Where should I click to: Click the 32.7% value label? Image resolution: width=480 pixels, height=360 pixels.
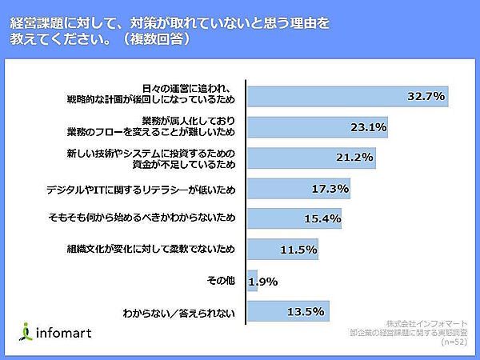click(426, 96)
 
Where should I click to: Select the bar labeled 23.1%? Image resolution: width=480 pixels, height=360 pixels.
click(318, 126)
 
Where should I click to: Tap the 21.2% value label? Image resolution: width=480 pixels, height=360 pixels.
click(354, 157)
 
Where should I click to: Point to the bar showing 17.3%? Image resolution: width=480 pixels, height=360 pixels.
click(298, 189)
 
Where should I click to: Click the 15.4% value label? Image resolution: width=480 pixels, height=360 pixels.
click(323, 218)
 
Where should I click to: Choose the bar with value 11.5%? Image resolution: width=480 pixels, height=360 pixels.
click(282, 250)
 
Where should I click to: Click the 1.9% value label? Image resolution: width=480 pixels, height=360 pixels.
click(263, 281)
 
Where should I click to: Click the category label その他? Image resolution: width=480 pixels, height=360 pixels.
click(222, 281)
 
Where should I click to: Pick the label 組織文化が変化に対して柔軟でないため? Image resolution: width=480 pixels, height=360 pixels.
click(152, 250)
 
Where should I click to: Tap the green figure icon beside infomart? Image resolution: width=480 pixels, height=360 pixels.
click(27, 330)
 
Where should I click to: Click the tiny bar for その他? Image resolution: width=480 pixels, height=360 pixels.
click(252, 281)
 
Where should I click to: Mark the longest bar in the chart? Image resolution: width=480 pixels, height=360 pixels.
click(347, 96)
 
